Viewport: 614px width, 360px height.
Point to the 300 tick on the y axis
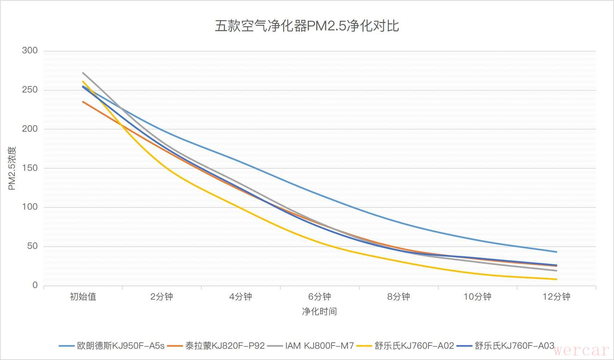tap(30, 50)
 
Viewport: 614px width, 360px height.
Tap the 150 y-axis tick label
tap(30, 168)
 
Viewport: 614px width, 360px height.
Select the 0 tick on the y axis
tap(35, 285)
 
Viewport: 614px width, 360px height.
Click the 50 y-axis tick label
tap(32, 246)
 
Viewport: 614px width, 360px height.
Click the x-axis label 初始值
tap(83, 296)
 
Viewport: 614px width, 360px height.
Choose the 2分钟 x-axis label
tap(162, 296)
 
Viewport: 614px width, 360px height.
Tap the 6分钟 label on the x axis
tap(320, 296)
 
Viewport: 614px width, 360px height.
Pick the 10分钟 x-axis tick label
tap(477, 296)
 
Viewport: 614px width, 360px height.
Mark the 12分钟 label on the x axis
tap(556, 296)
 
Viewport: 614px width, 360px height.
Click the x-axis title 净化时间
tap(320, 311)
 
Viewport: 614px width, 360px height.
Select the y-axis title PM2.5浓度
tap(12, 168)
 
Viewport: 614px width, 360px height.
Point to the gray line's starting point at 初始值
tap(83, 73)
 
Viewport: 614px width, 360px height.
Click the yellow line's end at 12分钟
tap(556, 279)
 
